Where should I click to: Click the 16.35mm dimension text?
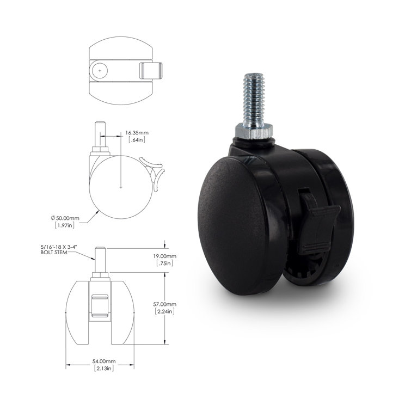pos(137,132)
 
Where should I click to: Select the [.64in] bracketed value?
pos(136,140)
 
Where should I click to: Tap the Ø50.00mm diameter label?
pos(65,217)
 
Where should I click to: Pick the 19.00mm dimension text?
pos(180,255)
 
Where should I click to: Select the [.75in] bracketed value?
pos(179,263)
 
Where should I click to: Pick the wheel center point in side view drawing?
pos(120,186)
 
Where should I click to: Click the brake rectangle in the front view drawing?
pos(100,306)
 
